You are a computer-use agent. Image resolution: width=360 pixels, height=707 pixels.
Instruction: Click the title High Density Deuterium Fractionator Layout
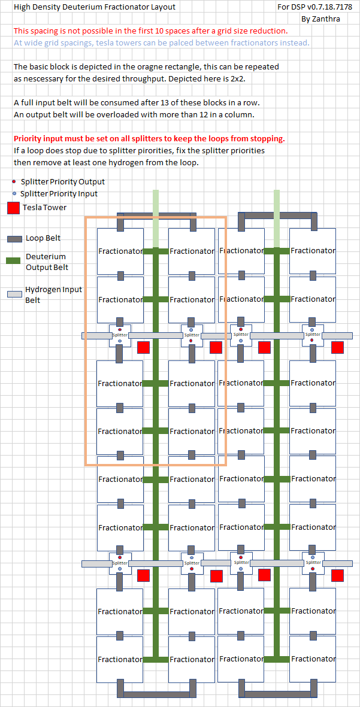point(95,7)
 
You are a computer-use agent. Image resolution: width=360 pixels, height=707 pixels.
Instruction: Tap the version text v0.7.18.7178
point(323,7)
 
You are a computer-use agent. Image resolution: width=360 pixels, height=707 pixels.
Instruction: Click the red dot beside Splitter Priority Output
point(14,181)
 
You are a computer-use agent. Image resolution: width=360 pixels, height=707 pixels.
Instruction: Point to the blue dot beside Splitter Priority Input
point(14,193)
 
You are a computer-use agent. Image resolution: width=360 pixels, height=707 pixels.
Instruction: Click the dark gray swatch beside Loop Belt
point(14,238)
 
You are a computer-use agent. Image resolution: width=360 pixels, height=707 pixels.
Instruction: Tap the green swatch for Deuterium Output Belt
point(14,260)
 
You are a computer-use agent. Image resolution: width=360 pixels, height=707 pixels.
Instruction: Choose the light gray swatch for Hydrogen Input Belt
point(14,294)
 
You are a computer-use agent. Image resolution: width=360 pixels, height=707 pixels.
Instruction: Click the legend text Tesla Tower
point(44,208)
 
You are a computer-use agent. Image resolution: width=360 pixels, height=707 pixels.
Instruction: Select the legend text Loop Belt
point(43,238)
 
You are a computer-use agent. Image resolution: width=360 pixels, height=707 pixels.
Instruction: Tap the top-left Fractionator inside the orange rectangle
point(120,251)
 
